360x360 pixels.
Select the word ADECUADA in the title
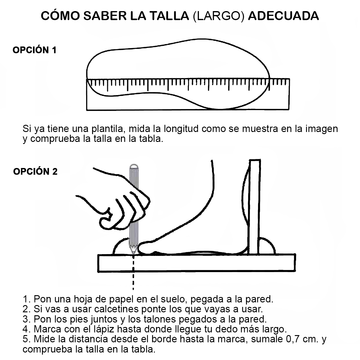click(x=283, y=16)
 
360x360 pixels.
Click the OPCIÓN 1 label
click(x=34, y=50)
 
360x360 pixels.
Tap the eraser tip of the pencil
click(x=134, y=166)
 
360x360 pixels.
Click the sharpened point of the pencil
click(x=133, y=253)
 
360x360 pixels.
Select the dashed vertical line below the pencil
click(x=133, y=272)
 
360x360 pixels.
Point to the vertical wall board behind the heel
click(x=254, y=207)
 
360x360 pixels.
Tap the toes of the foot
click(x=145, y=248)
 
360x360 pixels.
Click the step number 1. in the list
click(x=27, y=299)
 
